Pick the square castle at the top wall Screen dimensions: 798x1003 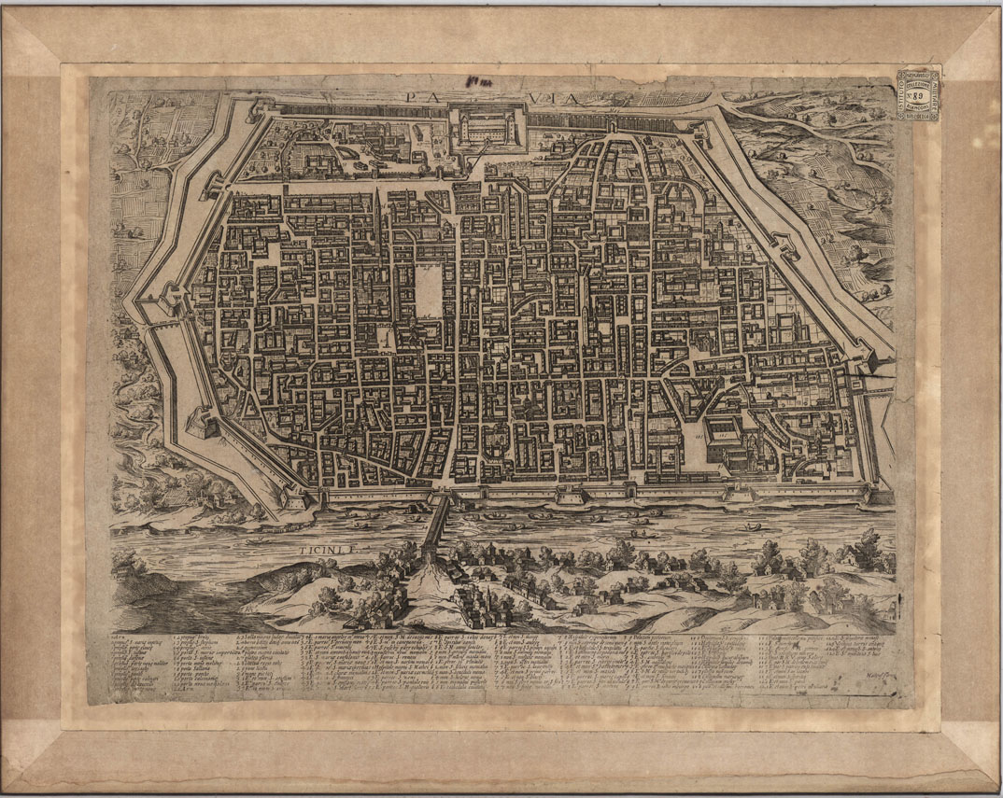pyautogui.click(x=487, y=129)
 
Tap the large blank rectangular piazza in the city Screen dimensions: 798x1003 pyautogui.click(x=427, y=290)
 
